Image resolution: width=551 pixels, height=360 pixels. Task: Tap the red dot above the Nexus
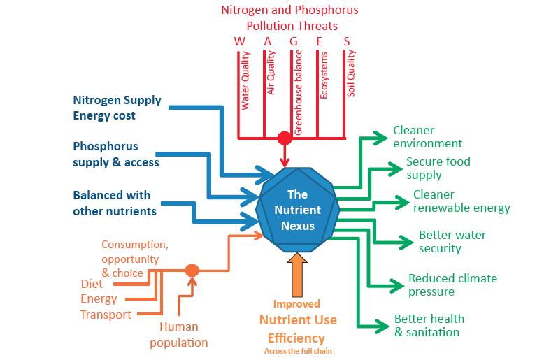pyautogui.click(x=284, y=137)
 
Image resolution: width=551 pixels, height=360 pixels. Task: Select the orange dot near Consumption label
pyautogui.click(x=192, y=270)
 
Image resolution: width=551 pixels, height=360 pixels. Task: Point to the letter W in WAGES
pyautogui.click(x=240, y=41)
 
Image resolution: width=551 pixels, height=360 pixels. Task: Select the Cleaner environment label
pyautogui.click(x=427, y=137)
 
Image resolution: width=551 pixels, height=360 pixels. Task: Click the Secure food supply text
pyautogui.click(x=438, y=168)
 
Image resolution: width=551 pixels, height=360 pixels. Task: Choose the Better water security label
pyautogui.click(x=452, y=241)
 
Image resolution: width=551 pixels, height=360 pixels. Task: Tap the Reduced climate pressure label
pyautogui.click(x=452, y=285)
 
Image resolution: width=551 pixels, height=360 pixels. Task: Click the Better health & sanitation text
pyautogui.click(x=429, y=325)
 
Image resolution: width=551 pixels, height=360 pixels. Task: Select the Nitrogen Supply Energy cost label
pyautogui.click(x=117, y=108)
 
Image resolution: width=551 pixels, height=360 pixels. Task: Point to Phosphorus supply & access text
pyautogui.click(x=115, y=154)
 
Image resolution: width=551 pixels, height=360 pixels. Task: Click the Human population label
pyautogui.click(x=183, y=335)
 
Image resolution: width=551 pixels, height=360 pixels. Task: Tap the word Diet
pyautogui.click(x=91, y=284)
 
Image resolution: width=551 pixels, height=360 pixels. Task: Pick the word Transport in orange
pyautogui.click(x=106, y=315)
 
